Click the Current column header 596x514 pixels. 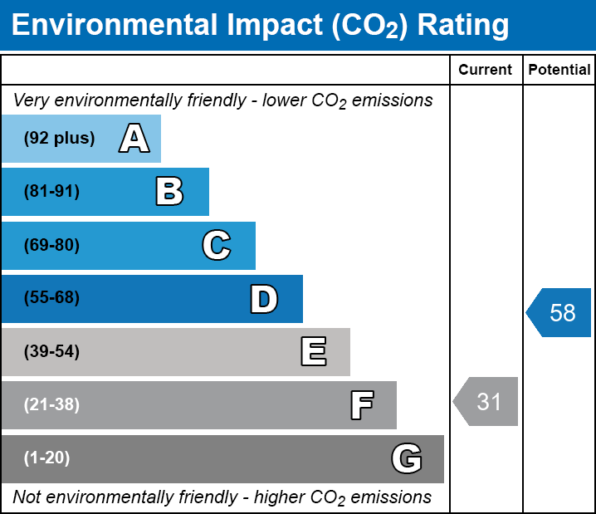point(485,70)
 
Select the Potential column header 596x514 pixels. point(559,70)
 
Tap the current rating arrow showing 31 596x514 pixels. point(486,401)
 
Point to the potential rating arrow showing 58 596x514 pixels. point(559,312)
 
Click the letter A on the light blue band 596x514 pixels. point(134,138)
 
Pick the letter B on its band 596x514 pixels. point(169,191)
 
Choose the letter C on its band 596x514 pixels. point(217,245)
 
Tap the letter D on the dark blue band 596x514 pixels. point(264,299)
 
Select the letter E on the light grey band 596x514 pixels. point(314,351)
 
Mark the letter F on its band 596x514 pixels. point(362,405)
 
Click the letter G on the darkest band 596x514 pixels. point(407,458)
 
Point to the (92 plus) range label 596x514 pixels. point(59,138)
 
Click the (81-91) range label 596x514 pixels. point(51,191)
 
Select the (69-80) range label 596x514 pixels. point(51,245)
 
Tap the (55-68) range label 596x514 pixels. point(51,297)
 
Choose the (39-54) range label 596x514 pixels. point(51,352)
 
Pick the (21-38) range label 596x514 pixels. point(51,405)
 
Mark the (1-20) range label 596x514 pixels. point(46,458)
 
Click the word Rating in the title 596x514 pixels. point(463,26)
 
